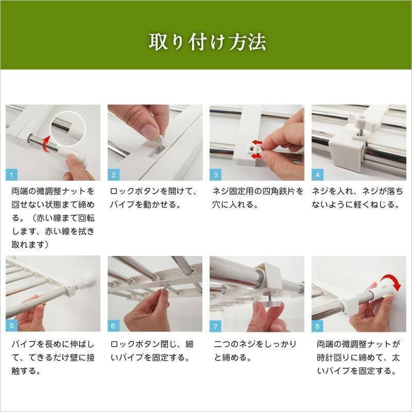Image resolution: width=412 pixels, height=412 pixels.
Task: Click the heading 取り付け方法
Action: pyautogui.click(x=207, y=42)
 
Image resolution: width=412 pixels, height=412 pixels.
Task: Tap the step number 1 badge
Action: pyautogui.click(x=12, y=175)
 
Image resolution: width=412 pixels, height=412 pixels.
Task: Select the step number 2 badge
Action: pyautogui.click(x=113, y=175)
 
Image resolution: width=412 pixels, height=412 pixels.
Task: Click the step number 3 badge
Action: pyautogui.click(x=215, y=175)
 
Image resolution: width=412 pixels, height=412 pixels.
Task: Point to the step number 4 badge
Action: pyautogui.click(x=317, y=175)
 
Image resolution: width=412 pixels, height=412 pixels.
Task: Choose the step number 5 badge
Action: pyautogui.click(x=12, y=326)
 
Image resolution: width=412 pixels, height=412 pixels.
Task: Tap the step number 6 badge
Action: pyautogui.click(x=113, y=326)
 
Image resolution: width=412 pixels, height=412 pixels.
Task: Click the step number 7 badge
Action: pyautogui.click(x=215, y=326)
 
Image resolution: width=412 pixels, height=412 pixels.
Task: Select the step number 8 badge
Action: pyautogui.click(x=317, y=326)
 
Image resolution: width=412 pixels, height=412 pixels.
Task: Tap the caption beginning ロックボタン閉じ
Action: pyautogui.click(x=152, y=350)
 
